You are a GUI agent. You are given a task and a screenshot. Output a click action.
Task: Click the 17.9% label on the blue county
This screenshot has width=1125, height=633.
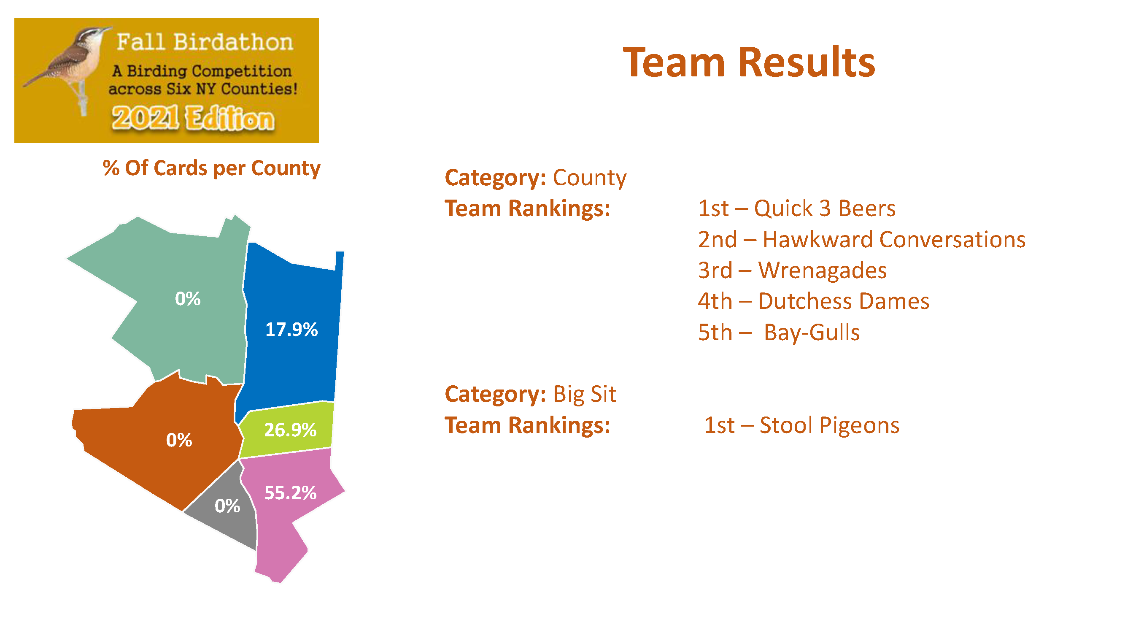[x=291, y=330]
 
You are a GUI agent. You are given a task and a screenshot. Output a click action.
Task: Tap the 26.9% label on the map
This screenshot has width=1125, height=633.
[x=290, y=430]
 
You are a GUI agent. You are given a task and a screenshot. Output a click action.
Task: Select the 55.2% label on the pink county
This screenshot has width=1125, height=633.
[x=290, y=493]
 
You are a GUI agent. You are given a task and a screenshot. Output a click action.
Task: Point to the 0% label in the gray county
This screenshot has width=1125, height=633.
[x=227, y=506]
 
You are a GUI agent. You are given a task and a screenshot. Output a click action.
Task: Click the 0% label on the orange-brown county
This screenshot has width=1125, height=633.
[x=179, y=440]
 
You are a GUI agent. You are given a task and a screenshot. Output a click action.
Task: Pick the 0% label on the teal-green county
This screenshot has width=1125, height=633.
[x=188, y=299]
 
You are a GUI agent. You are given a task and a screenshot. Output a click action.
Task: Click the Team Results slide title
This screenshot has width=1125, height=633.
[x=749, y=62]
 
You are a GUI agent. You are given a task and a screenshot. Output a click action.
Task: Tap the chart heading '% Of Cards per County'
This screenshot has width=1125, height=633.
[x=211, y=169]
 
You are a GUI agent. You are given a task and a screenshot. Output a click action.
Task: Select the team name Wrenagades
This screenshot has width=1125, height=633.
[x=823, y=270]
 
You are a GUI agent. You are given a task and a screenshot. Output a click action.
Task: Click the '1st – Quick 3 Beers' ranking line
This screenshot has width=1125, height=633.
[x=796, y=208]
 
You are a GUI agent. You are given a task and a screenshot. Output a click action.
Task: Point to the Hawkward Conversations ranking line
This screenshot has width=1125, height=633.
[x=862, y=239]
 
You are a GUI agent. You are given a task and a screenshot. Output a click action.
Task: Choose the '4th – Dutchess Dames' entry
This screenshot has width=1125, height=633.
[x=814, y=301]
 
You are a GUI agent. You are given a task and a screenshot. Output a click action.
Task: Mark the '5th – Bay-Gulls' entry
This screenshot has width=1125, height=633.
[x=779, y=333]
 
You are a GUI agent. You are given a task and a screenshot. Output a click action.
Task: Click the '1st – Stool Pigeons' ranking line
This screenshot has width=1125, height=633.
[x=802, y=425]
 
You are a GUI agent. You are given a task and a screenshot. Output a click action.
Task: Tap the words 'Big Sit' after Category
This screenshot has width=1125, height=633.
[x=584, y=395]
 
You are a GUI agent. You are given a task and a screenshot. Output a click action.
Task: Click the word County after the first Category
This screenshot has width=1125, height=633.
[x=590, y=178]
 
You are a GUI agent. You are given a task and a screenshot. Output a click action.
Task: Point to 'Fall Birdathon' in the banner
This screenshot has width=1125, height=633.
[x=205, y=42]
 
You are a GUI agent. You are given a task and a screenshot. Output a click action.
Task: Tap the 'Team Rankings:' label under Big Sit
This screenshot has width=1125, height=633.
[x=528, y=425]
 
